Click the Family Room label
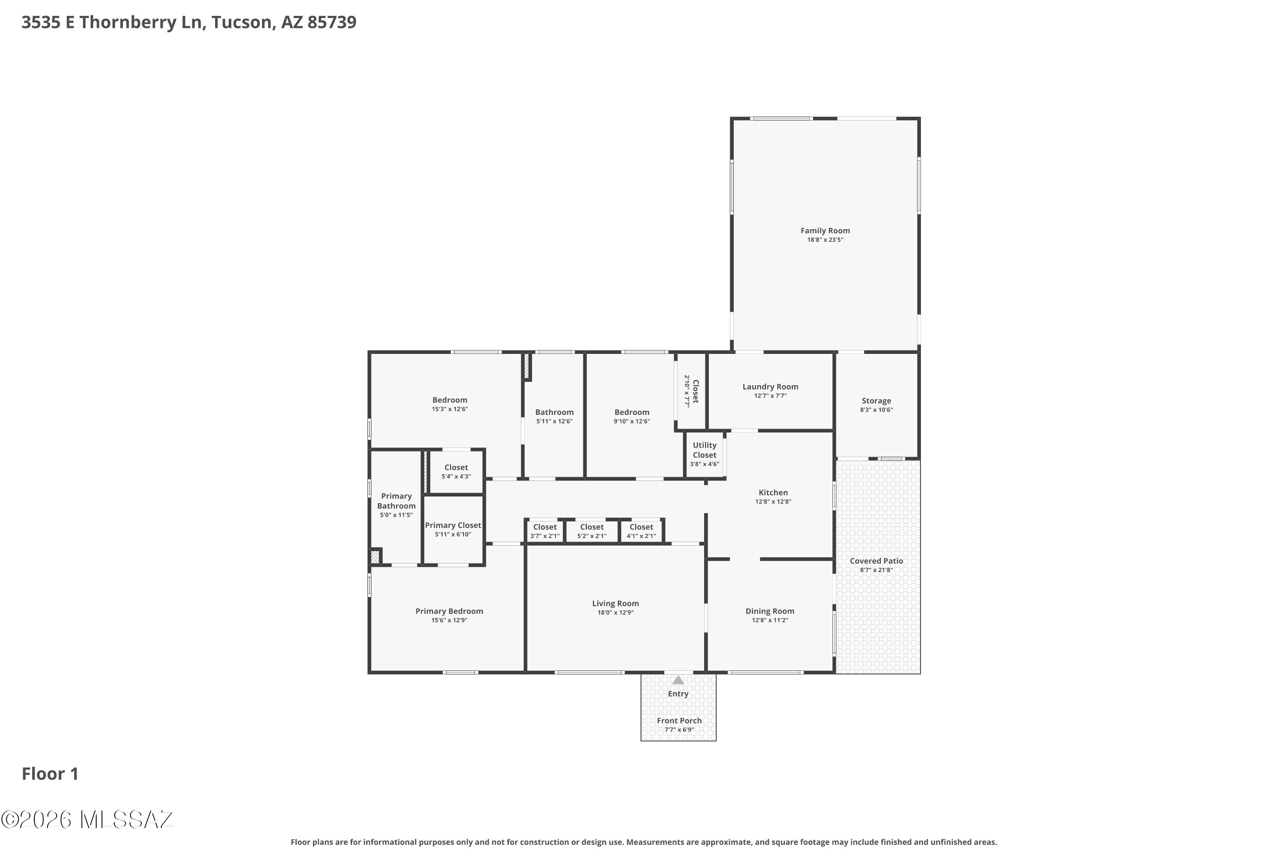(x=825, y=231)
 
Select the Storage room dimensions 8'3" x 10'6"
(x=876, y=410)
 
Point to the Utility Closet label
(x=704, y=450)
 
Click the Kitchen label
(x=773, y=493)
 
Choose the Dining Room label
(x=769, y=611)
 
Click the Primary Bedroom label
(x=449, y=611)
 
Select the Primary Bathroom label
(x=396, y=501)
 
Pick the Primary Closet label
(x=453, y=525)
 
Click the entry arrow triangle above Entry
(x=678, y=680)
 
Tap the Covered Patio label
(x=876, y=560)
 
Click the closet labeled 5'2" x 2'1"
(x=592, y=531)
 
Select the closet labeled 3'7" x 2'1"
(x=544, y=531)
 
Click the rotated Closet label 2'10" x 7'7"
(x=691, y=391)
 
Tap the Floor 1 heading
(x=50, y=774)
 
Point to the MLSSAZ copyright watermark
(x=88, y=819)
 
